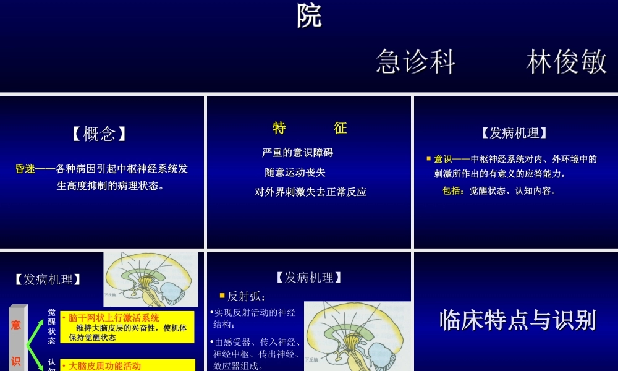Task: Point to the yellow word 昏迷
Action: [x=25, y=169]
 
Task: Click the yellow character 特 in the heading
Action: [x=279, y=128]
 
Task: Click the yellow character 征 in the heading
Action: [x=341, y=128]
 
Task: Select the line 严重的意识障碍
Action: [x=297, y=153]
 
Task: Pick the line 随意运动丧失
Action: [x=295, y=172]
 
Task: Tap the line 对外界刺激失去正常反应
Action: [x=310, y=192]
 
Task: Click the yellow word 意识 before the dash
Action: [x=443, y=159]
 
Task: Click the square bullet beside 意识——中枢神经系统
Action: [x=428, y=159]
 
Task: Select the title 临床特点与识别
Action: [x=517, y=320]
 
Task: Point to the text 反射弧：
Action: [x=247, y=296]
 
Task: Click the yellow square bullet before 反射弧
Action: [x=222, y=296]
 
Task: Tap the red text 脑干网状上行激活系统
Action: [x=114, y=318]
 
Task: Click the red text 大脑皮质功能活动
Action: [x=104, y=365]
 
